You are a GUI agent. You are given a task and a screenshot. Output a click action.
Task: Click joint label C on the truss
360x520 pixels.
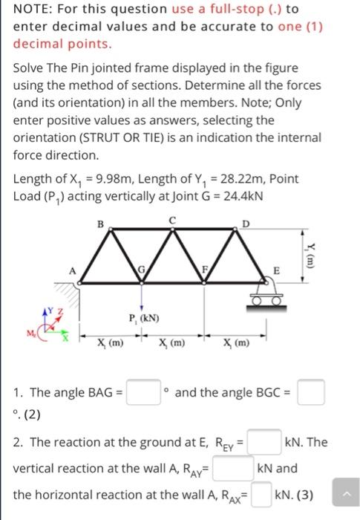pos(173,220)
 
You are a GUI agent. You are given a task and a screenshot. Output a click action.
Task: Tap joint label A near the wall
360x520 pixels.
pos(72,270)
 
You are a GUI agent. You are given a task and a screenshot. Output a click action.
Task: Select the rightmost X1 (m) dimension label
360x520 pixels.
pos(238,344)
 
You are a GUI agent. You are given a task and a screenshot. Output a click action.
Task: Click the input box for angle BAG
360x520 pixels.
pos(143,391)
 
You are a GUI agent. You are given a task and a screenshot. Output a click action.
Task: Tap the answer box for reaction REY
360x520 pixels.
pos(264,442)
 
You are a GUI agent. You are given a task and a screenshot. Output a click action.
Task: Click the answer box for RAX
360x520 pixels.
pos(261,495)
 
